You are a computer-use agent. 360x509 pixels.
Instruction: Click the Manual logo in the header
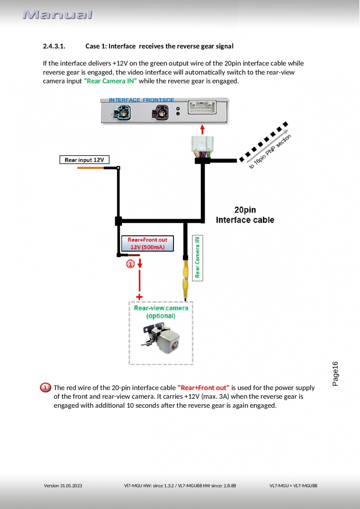[x=57, y=15]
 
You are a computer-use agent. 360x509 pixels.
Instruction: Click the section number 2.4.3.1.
[x=54, y=46]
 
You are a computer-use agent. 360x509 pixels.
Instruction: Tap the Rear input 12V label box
[x=84, y=160]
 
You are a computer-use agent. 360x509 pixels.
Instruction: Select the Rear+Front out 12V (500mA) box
[x=148, y=243]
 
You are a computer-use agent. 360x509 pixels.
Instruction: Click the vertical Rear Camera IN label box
[x=198, y=258]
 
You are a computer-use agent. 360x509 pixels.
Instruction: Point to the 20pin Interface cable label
[x=245, y=215]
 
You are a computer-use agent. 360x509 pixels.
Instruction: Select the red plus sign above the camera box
[x=139, y=296]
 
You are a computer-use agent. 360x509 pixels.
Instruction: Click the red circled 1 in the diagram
[x=130, y=264]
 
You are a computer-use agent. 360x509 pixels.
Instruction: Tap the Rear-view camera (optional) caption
[x=161, y=312]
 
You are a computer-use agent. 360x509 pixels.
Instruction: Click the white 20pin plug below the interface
[x=202, y=146]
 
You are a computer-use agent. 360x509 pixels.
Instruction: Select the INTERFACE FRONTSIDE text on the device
[x=142, y=100]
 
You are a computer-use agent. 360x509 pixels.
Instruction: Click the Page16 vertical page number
[x=335, y=374]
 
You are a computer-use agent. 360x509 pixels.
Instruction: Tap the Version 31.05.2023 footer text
[x=63, y=485]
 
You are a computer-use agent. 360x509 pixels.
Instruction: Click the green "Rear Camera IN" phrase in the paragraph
[x=110, y=81]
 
